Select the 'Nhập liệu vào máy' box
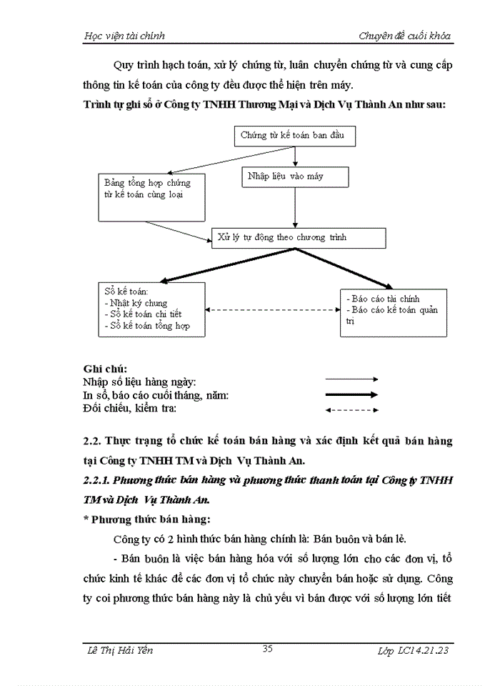pyautogui.click(x=294, y=177)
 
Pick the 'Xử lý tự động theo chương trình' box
pyautogui.click(x=299, y=238)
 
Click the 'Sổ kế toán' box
pyautogui.click(x=150, y=309)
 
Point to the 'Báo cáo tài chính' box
pyautogui.click(x=394, y=312)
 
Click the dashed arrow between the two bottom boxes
pyautogui.click(x=271, y=309)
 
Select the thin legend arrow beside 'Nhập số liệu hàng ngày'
pyautogui.click(x=351, y=379)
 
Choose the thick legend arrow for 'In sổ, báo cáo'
pyautogui.click(x=351, y=394)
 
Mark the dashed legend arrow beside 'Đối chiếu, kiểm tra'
pyautogui.click(x=351, y=409)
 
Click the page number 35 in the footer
pyautogui.click(x=268, y=649)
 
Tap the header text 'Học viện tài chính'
pyautogui.click(x=124, y=36)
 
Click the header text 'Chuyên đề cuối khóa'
pyautogui.click(x=404, y=36)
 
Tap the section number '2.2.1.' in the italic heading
pyautogui.click(x=96, y=482)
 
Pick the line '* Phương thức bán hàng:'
pyautogui.click(x=145, y=519)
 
